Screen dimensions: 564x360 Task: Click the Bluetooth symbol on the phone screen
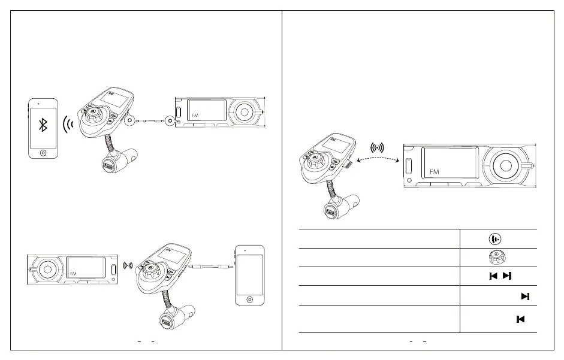pyautogui.click(x=43, y=125)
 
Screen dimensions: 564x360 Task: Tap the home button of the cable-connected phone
pyautogui.click(x=249, y=298)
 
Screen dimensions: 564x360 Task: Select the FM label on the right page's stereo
pyautogui.click(x=435, y=172)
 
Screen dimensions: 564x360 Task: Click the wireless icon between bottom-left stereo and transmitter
pyautogui.click(x=126, y=265)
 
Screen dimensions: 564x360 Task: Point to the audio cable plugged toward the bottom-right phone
pyautogui.click(x=213, y=267)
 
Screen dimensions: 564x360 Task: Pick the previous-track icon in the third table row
pyautogui.click(x=493, y=276)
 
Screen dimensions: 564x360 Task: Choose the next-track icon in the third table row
pyautogui.click(x=507, y=276)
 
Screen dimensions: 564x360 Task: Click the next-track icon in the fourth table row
pyautogui.click(x=525, y=296)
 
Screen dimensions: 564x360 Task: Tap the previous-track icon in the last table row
pyautogui.click(x=520, y=319)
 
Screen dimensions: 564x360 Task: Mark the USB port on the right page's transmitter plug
pyautogui.click(x=330, y=213)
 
